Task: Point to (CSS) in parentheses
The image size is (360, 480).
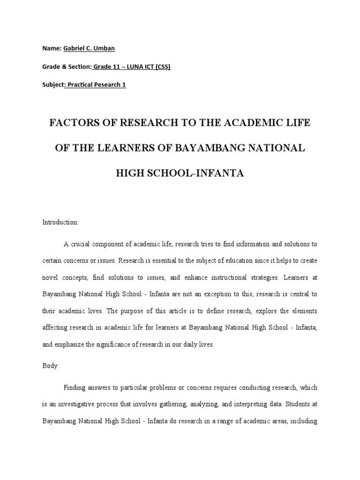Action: [161, 67]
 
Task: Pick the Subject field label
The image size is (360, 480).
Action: [52, 85]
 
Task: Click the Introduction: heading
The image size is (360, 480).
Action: [61, 222]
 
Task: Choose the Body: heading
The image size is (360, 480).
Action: [51, 366]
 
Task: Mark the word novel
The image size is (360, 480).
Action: [52, 277]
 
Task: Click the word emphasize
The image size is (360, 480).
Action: [73, 344]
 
